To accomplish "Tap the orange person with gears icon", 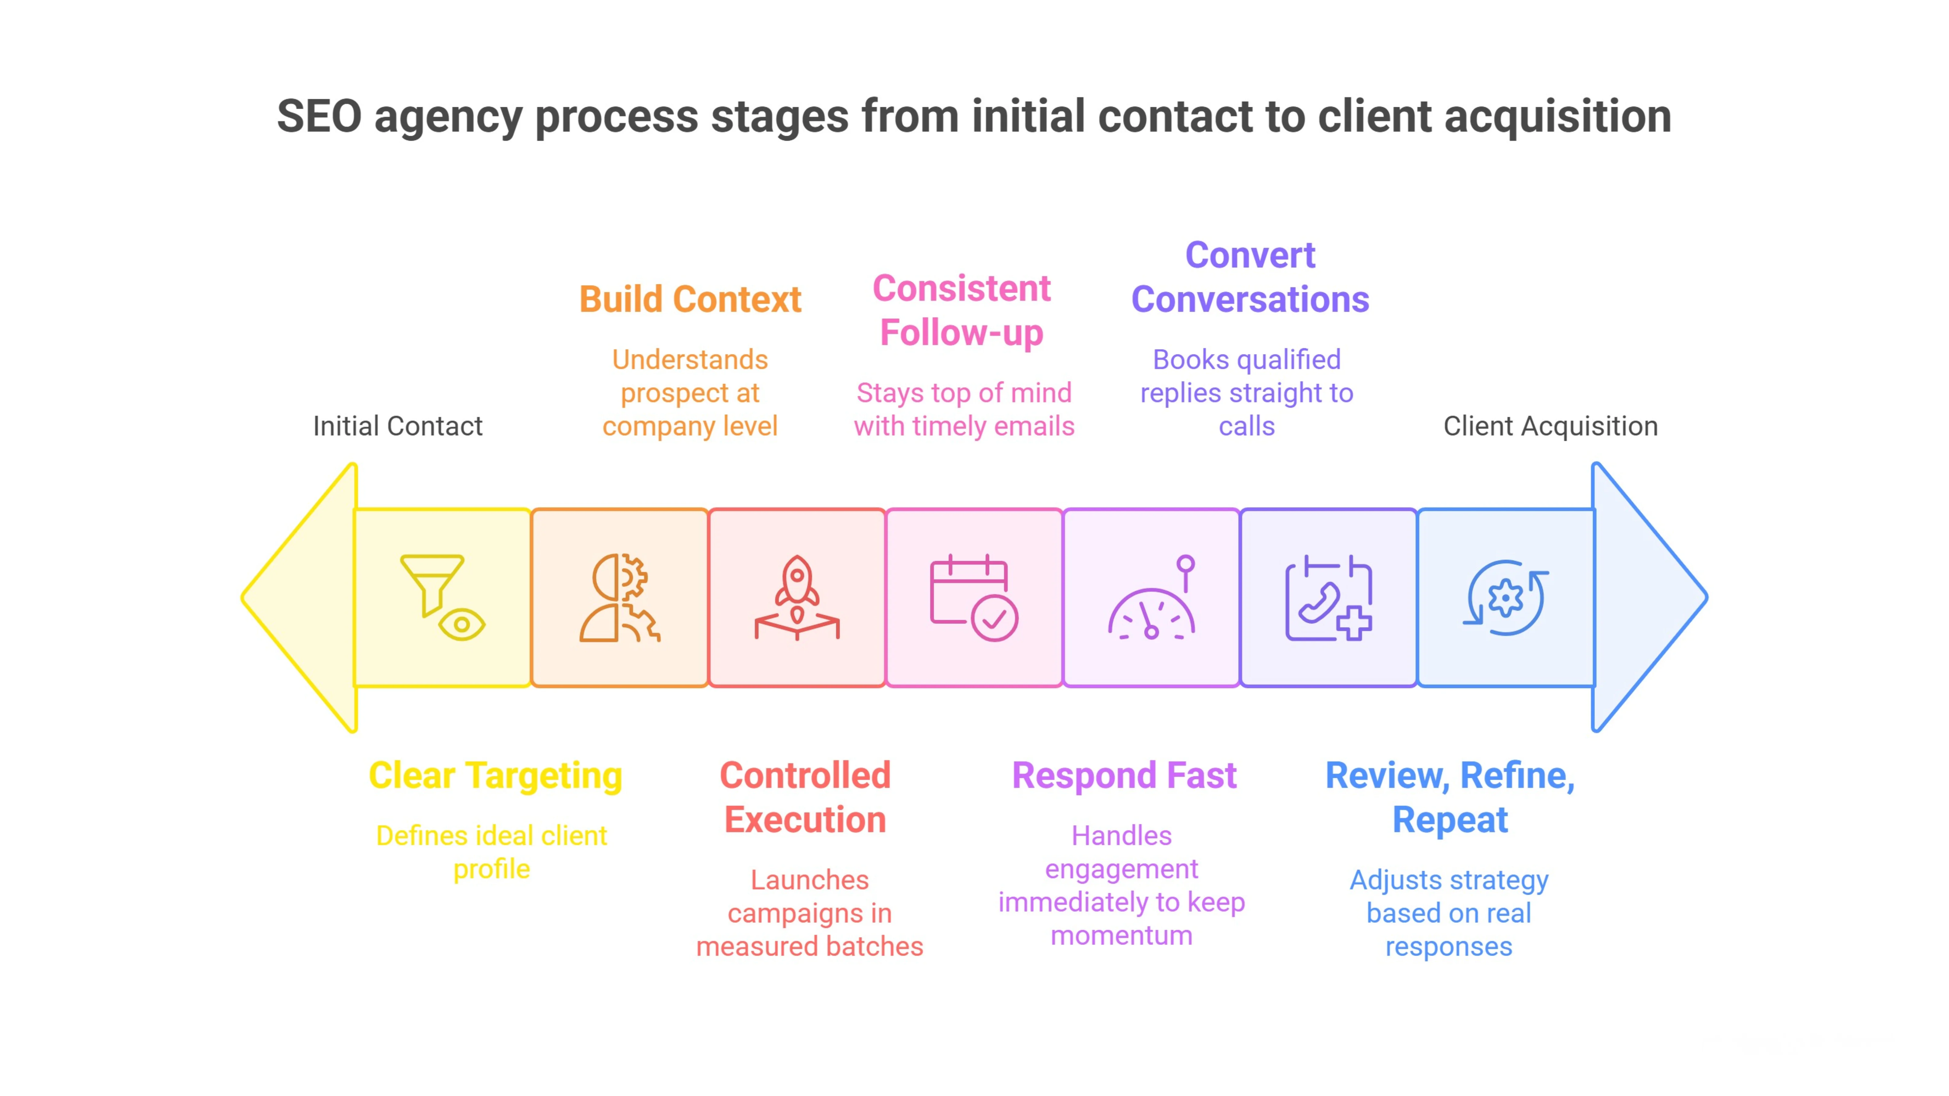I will (619, 598).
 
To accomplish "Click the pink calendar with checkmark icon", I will (974, 598).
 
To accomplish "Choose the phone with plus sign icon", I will (1329, 598).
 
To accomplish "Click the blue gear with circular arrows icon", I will (1506, 598).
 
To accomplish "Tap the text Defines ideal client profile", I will (492, 852).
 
